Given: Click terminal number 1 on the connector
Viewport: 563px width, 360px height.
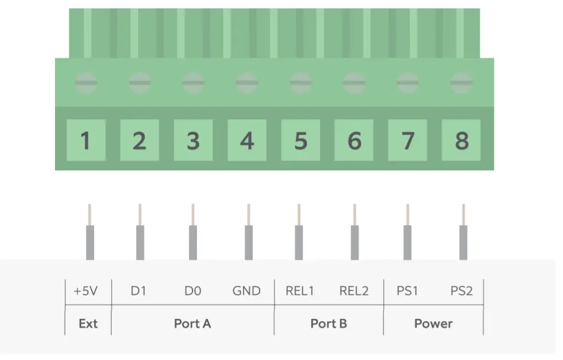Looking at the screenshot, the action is click(86, 140).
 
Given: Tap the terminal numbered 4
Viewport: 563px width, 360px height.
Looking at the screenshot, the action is click(247, 140).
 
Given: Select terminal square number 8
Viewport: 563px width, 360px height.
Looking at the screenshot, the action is click(461, 140).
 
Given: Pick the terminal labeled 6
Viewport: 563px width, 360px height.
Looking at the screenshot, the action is click(354, 140).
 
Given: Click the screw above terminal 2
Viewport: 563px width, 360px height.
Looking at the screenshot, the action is click(140, 82).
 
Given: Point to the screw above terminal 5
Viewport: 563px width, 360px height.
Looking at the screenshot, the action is click(301, 82).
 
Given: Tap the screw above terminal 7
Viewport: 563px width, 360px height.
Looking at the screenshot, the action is click(407, 82).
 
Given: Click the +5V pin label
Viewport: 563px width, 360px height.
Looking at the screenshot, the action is click(85, 291).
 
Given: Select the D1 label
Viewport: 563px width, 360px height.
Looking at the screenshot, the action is click(139, 291).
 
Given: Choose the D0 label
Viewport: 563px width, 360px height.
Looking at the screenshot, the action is click(193, 291).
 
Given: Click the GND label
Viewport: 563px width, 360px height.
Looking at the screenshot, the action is click(246, 291).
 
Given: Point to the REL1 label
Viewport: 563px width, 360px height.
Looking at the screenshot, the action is click(300, 291).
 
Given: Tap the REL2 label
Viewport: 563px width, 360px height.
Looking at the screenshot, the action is click(354, 291).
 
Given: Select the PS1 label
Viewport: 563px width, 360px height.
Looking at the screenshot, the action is click(407, 291).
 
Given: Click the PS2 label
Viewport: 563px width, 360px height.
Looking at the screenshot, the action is click(461, 291).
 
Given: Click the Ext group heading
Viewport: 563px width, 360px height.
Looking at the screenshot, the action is click(88, 324).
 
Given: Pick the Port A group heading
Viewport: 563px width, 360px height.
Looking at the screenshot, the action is click(192, 324).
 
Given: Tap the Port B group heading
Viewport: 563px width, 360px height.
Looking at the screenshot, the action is click(329, 324).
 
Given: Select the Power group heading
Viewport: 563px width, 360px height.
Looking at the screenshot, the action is click(433, 324).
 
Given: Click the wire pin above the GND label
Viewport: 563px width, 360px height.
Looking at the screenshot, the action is click(249, 232).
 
